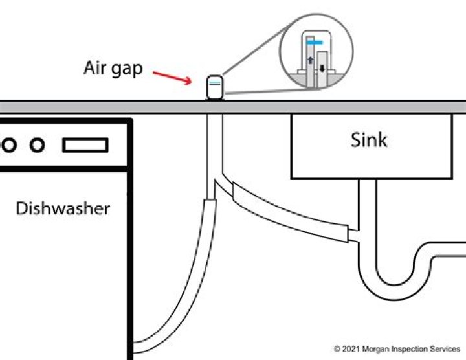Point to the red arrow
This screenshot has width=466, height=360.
coord(172,77)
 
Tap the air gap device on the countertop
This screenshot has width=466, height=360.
coord(215,87)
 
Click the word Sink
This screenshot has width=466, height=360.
coord(369,140)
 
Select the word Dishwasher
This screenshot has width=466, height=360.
coord(63,208)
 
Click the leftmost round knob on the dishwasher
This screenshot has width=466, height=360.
coord(9,145)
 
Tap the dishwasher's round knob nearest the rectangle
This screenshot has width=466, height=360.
coord(38,145)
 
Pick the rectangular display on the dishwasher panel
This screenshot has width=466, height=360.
coord(85,145)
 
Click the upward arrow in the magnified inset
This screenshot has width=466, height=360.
coord(310,60)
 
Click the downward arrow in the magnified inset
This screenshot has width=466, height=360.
coord(322,69)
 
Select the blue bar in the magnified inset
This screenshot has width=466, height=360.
coord(315,43)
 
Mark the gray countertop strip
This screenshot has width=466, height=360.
coord(233,107)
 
